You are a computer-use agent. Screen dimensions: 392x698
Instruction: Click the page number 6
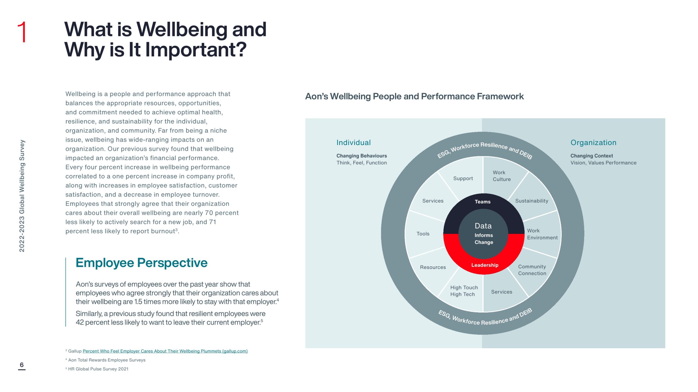pos(22,365)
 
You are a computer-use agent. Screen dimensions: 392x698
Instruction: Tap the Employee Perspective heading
pos(142,263)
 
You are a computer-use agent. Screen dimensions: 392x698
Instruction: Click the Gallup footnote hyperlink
pos(165,351)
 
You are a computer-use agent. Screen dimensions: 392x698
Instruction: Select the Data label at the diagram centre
pos(483,226)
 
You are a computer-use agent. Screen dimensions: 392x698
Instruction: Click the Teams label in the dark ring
pos(483,202)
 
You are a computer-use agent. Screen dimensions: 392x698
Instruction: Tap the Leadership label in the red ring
pos(485,265)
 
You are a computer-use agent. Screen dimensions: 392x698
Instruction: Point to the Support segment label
pos(463,179)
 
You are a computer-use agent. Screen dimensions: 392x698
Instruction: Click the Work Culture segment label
pos(501,176)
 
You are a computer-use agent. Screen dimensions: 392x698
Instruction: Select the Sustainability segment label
pos(532,201)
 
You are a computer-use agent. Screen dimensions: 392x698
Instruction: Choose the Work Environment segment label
pos(542,234)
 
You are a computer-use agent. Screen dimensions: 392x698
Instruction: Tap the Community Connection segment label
pos(532,270)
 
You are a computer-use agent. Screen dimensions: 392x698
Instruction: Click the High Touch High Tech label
pos(464,291)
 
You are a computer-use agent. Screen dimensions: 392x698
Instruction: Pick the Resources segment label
pos(433,267)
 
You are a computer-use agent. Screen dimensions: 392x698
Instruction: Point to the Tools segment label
pos(423,234)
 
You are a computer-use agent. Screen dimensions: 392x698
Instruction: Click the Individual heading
pos(353,143)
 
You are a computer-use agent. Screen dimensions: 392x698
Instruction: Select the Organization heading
pos(593,143)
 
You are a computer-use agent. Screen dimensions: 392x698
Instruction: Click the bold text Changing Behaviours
pos(362,156)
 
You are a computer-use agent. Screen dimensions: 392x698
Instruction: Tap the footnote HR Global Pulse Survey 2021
pos(98,369)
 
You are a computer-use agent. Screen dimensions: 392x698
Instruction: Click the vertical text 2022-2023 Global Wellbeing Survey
pos(22,196)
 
